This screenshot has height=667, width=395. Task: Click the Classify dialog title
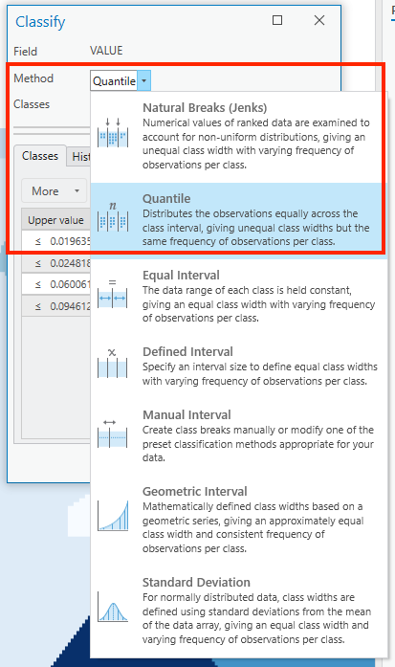tap(41, 21)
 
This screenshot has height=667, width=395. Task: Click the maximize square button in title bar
tap(277, 20)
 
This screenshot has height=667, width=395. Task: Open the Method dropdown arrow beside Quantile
tap(143, 81)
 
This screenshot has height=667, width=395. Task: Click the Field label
tap(25, 51)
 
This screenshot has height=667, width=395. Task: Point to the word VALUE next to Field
tap(106, 51)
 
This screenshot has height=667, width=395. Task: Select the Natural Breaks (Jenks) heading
tap(204, 107)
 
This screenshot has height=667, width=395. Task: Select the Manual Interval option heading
tap(187, 415)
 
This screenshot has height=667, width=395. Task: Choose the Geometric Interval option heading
tap(194, 492)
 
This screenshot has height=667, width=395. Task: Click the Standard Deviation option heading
tap(196, 582)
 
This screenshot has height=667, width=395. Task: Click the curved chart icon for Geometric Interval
tap(111, 516)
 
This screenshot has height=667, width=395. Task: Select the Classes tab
tap(39, 156)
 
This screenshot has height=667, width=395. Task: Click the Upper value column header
tap(55, 220)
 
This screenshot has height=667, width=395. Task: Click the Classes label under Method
tap(32, 103)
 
